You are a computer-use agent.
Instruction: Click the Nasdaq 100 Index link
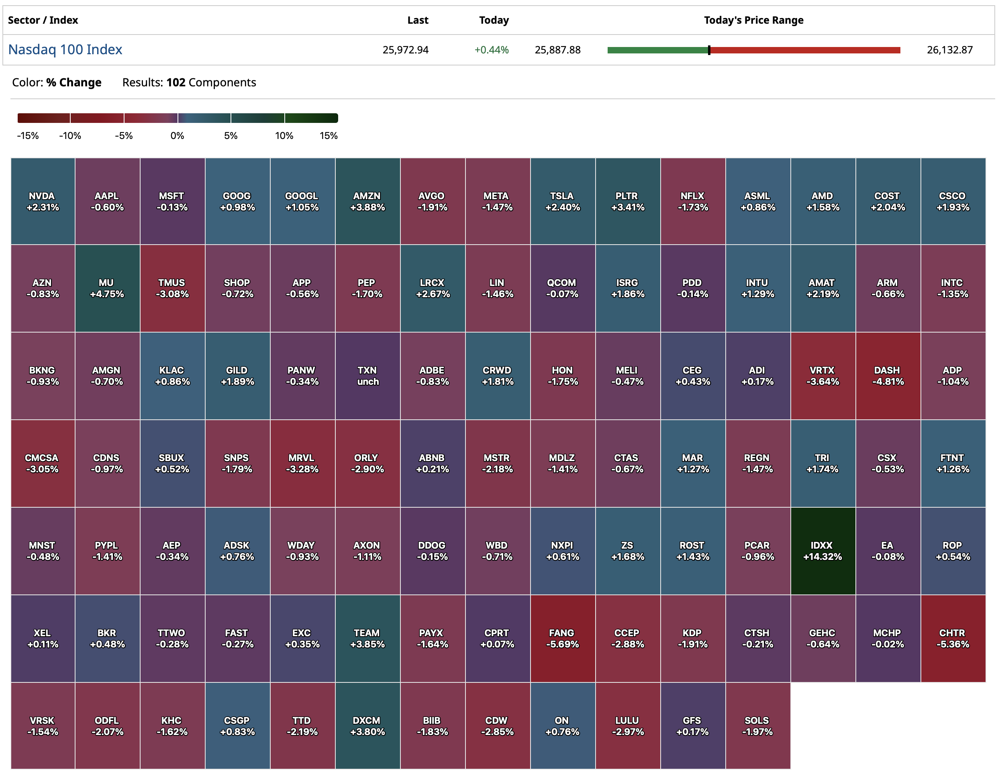pyautogui.click(x=65, y=49)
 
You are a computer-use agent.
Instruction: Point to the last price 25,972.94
pyautogui.click(x=405, y=50)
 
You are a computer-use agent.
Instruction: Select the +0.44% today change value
pyautogui.click(x=491, y=50)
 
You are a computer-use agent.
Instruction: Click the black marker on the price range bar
pyautogui.click(x=709, y=50)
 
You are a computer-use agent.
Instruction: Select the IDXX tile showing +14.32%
pyautogui.click(x=822, y=551)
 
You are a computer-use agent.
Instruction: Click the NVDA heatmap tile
pyautogui.click(x=43, y=202)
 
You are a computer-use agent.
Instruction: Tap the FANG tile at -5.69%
pyautogui.click(x=562, y=638)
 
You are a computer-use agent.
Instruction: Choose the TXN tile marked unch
pyautogui.click(x=367, y=376)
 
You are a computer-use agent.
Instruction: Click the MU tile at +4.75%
pyautogui.click(x=107, y=288)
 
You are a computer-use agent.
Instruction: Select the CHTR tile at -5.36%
pyautogui.click(x=952, y=638)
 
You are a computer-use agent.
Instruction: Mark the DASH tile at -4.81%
pyautogui.click(x=888, y=376)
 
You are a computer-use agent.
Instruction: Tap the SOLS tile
pyautogui.click(x=757, y=726)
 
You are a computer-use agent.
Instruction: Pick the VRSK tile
pyautogui.click(x=43, y=726)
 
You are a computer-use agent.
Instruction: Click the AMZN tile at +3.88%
pyautogui.click(x=367, y=202)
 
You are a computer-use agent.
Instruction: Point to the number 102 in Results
pyautogui.click(x=176, y=82)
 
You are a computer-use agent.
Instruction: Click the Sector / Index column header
pyautogui.click(x=43, y=20)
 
